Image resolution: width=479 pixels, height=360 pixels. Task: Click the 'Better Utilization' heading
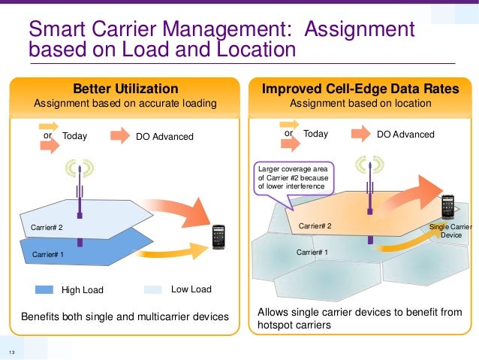pyautogui.click(x=125, y=89)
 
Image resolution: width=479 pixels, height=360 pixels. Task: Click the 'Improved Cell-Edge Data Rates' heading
pyautogui.click(x=360, y=89)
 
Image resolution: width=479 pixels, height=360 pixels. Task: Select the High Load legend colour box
pyautogui.click(x=44, y=289)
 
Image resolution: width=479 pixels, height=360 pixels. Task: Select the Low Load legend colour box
pyautogui.click(x=152, y=289)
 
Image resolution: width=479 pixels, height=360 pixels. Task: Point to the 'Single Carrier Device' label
pyautogui.click(x=450, y=231)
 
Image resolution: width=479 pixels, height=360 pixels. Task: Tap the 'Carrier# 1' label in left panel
pyautogui.click(x=47, y=256)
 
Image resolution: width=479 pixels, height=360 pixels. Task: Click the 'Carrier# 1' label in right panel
pyautogui.click(x=312, y=253)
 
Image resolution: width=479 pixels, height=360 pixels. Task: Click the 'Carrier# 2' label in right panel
pyautogui.click(x=315, y=225)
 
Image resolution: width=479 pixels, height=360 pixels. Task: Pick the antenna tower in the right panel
pyautogui.click(x=369, y=188)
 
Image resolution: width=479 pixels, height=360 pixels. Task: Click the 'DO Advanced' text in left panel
pyautogui.click(x=164, y=137)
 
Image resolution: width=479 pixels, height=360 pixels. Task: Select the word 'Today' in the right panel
pyautogui.click(x=315, y=134)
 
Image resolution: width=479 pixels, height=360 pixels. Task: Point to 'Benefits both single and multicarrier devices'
pyautogui.click(x=124, y=316)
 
